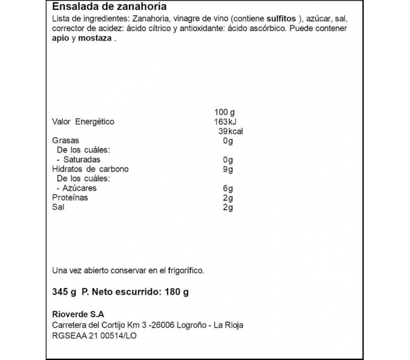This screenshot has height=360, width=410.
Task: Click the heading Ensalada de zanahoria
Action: [x=110, y=7]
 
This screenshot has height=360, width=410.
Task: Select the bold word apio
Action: [x=62, y=39]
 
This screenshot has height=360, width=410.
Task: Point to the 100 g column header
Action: [x=225, y=112]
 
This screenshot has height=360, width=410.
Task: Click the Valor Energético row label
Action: [x=83, y=122]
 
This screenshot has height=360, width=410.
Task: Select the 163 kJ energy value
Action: [x=225, y=122]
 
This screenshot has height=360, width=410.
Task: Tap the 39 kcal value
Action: [x=230, y=131]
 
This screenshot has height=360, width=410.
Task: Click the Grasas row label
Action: [x=66, y=141]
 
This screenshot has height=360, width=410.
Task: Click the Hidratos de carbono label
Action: [x=90, y=169]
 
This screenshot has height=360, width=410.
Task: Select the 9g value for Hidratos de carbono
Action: [x=228, y=169]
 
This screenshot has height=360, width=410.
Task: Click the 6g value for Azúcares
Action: [x=228, y=188]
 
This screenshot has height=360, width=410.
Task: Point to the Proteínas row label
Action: [x=70, y=198]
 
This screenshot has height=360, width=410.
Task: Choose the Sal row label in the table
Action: [x=59, y=207]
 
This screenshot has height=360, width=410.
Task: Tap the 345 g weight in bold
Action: [x=64, y=292]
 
